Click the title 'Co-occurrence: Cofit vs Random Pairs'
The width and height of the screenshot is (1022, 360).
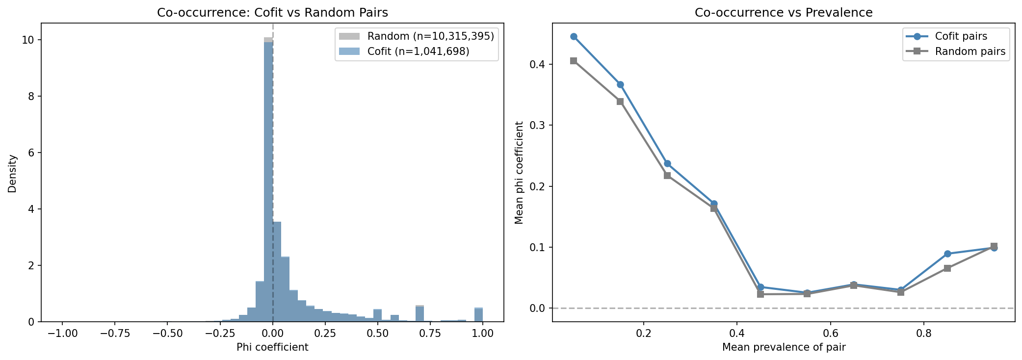click(x=272, y=13)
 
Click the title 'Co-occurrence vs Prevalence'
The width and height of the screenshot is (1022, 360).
click(x=783, y=13)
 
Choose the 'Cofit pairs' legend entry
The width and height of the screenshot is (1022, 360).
click(x=961, y=36)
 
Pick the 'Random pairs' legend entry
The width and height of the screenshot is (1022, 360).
click(x=970, y=51)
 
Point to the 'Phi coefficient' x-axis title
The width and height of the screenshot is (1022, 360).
click(x=272, y=348)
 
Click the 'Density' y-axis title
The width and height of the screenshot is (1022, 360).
click(x=12, y=174)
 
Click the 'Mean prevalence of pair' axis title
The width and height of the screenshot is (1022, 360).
click(x=784, y=348)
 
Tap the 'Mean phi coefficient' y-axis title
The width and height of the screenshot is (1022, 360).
click(x=519, y=173)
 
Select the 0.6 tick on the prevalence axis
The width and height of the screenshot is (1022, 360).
click(x=830, y=334)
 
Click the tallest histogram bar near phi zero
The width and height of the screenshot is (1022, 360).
click(x=268, y=181)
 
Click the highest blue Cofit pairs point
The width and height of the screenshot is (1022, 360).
click(x=574, y=37)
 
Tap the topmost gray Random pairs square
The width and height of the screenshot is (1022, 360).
click(x=574, y=61)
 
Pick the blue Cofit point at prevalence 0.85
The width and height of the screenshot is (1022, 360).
click(x=947, y=254)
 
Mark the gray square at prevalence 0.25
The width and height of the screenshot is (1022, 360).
click(x=667, y=176)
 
